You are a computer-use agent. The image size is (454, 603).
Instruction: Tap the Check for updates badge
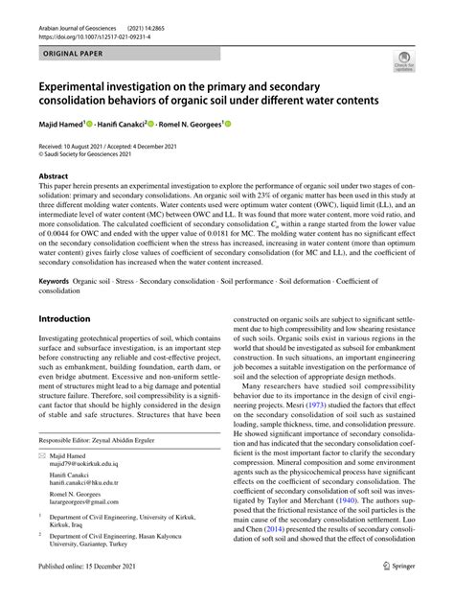[x=404, y=64]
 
